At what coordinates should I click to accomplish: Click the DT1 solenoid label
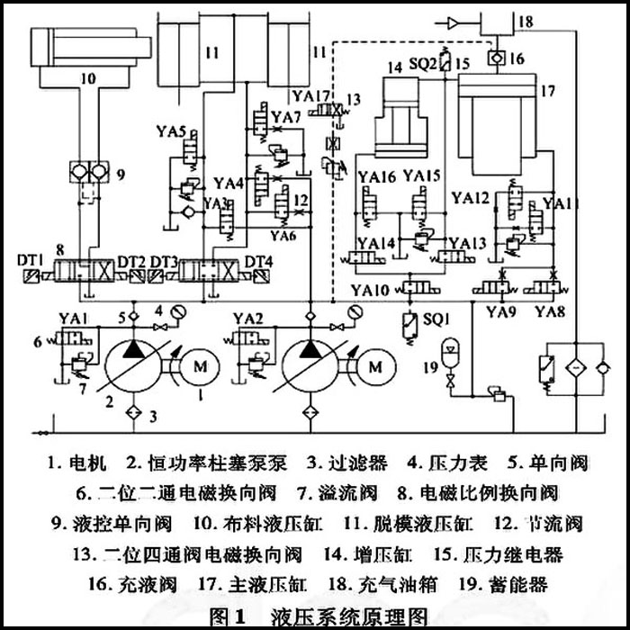31,260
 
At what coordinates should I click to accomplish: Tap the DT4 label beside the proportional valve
260,262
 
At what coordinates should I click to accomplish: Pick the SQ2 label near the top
423,63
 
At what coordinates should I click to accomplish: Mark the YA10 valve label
371,290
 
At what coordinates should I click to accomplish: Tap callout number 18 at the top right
526,20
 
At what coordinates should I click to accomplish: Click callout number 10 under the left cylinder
87,78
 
